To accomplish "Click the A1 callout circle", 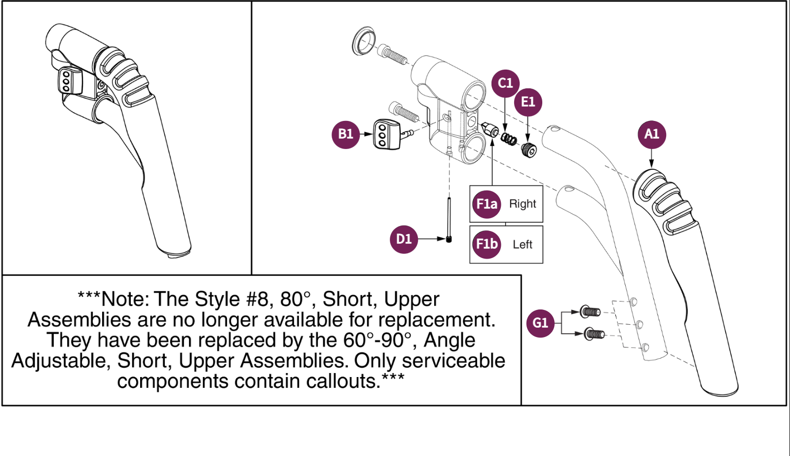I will click(651, 135).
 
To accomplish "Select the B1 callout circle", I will click(345, 134).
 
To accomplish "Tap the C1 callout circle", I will click(505, 83).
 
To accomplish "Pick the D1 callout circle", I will click(404, 239).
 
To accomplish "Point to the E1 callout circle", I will click(528, 102).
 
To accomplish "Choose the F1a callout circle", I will click(487, 204).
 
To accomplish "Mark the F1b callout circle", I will click(487, 244).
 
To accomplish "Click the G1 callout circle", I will click(540, 323).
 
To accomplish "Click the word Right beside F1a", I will click(523, 204).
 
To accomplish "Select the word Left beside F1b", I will click(523, 244).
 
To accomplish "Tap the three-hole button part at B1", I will click(385, 134).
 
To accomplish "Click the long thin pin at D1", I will click(449, 220).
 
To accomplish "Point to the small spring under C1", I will click(508, 139).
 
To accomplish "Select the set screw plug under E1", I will click(528, 150).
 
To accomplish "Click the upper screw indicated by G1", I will click(590, 311).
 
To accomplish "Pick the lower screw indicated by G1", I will click(594, 335).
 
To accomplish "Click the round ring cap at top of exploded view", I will click(364, 41).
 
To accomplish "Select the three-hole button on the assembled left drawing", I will click(66, 80).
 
